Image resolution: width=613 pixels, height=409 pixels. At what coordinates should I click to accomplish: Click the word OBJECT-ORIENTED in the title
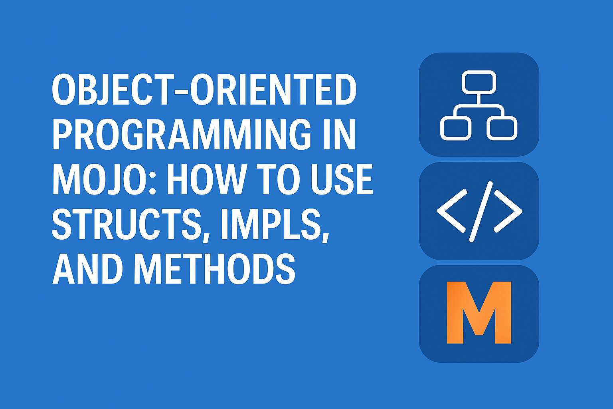coord(204,89)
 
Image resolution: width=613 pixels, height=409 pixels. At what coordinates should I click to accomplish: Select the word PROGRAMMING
coord(182,134)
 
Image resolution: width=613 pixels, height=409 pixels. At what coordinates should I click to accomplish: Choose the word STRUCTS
coord(127,224)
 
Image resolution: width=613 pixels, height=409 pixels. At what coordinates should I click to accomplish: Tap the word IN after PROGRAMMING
coord(339,134)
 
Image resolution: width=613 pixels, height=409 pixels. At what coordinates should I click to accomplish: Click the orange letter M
coord(479,312)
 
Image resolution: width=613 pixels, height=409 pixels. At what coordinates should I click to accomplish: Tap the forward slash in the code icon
coord(481,211)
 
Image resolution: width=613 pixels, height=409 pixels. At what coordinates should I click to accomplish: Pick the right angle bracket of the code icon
coord(508,210)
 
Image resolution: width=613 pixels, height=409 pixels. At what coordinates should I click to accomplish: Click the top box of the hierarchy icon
coord(479,82)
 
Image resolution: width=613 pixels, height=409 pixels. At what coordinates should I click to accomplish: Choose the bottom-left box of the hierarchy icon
coord(456,128)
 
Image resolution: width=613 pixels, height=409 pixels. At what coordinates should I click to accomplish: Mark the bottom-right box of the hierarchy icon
coord(502,128)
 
